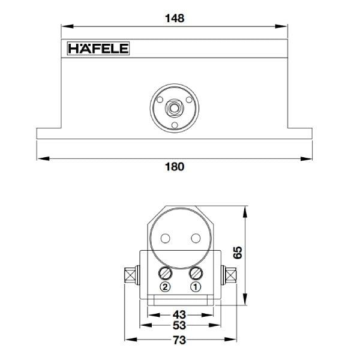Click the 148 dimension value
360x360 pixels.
click(x=174, y=18)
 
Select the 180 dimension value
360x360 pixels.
click(x=174, y=166)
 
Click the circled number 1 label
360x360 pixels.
click(x=195, y=287)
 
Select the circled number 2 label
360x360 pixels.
click(x=166, y=287)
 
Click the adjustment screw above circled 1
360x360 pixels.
click(x=195, y=274)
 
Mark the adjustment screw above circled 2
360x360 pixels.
click(x=166, y=274)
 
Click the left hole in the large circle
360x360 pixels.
click(x=164, y=239)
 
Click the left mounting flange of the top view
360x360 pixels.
click(x=49, y=133)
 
